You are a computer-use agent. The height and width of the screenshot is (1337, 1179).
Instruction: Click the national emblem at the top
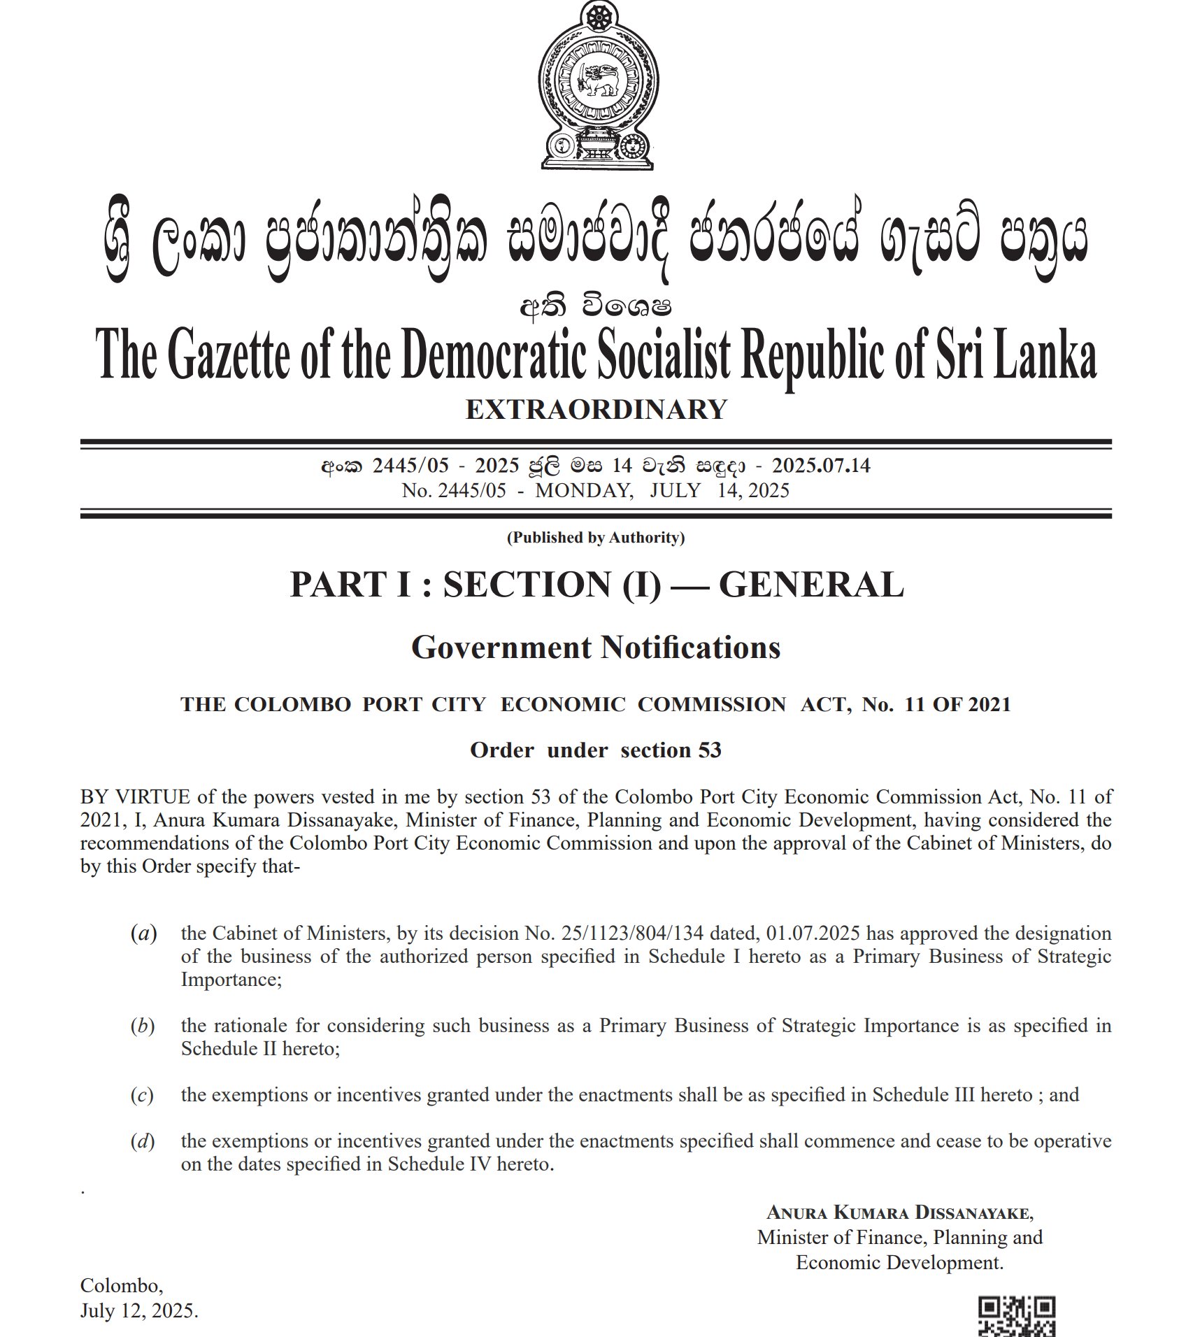tap(597, 85)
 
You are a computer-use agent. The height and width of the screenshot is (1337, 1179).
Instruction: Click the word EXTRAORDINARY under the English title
tap(596, 410)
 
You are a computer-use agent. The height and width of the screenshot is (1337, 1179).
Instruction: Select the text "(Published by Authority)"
tap(596, 537)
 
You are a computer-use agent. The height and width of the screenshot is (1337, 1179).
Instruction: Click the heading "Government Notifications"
tap(596, 648)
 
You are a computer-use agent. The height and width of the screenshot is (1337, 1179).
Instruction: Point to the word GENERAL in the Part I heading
tap(811, 585)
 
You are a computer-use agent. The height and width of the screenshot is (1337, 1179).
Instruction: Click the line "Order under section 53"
tap(596, 750)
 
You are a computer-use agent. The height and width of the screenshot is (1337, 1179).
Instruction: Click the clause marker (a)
tap(143, 934)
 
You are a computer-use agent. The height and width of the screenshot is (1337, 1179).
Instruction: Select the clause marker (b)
tap(143, 1026)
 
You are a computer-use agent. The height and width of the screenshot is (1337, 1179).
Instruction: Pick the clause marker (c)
tap(142, 1094)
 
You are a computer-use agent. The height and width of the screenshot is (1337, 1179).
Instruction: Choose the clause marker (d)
tap(143, 1141)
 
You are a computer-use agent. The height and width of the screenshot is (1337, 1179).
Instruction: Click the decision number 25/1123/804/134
tap(633, 934)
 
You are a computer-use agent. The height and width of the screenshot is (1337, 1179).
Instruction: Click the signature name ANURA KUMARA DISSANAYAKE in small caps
tap(899, 1212)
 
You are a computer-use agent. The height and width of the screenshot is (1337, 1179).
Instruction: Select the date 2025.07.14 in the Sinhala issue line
tap(821, 466)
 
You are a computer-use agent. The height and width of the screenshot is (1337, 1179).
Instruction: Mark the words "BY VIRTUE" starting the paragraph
tap(135, 797)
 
